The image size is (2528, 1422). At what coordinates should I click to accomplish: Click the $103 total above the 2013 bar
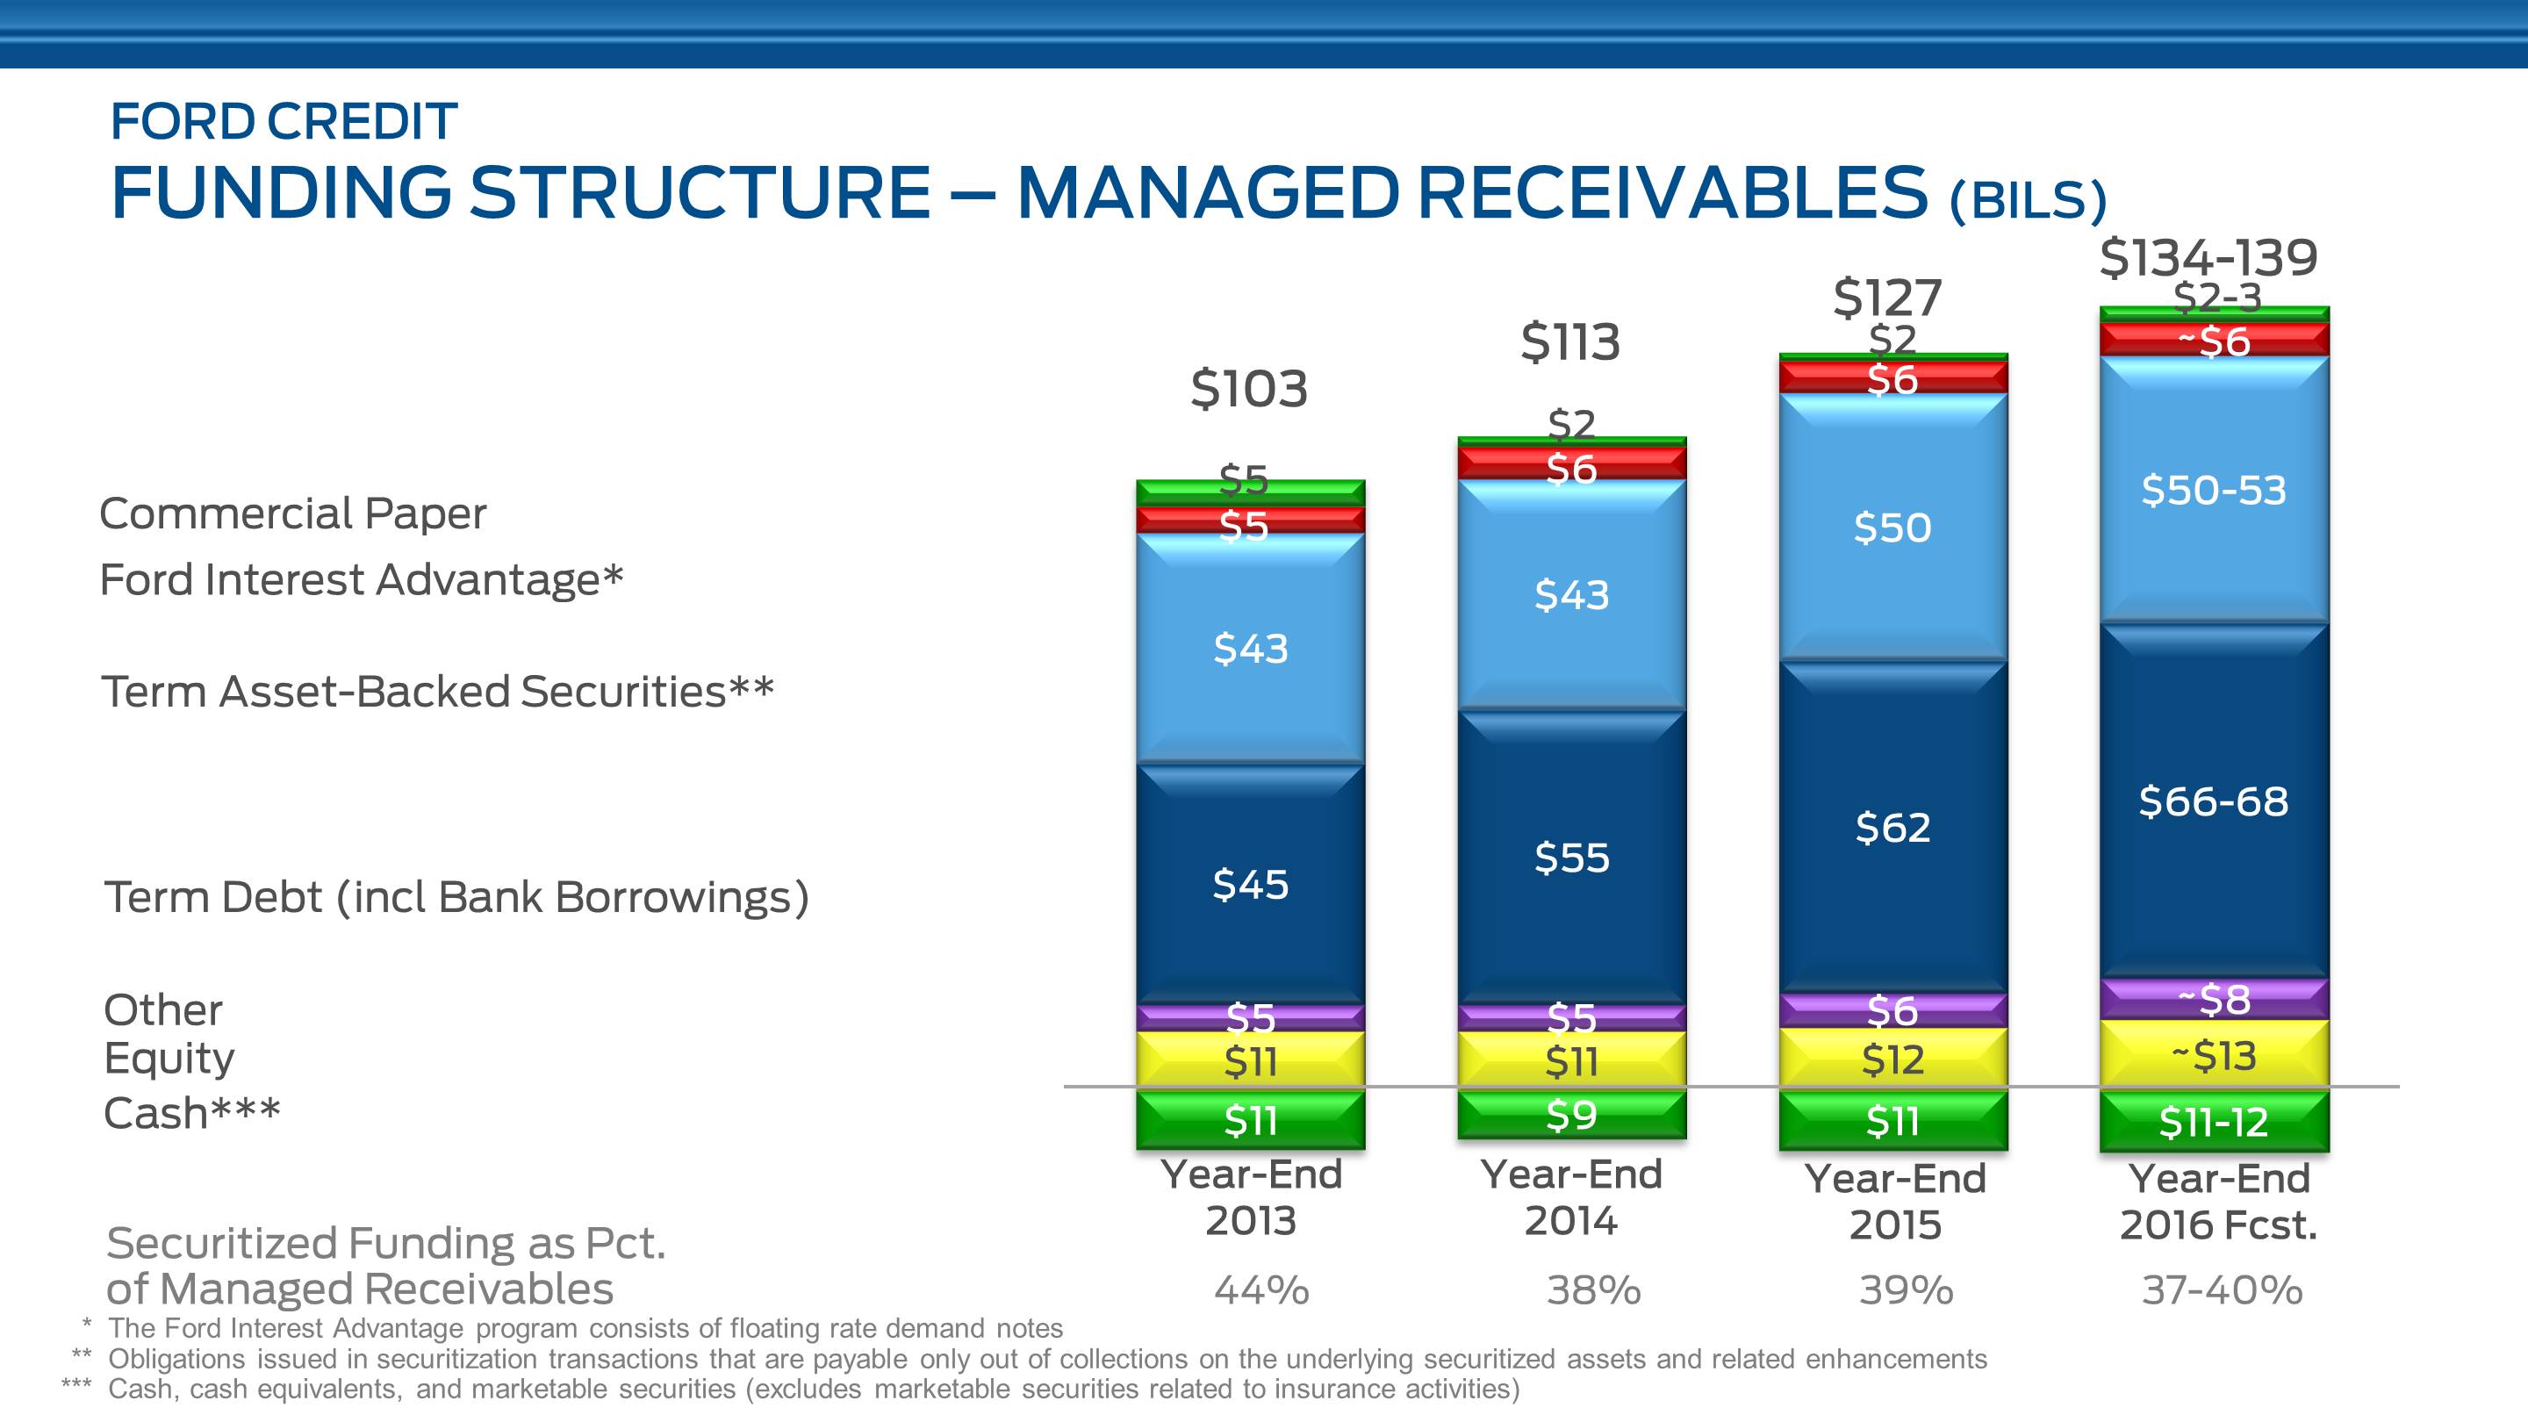[x=1248, y=390]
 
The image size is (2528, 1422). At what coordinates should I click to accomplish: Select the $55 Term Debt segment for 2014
[x=1571, y=858]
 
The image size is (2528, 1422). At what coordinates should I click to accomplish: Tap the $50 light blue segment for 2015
[x=1892, y=528]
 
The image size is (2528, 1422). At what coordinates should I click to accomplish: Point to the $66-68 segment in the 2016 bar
[x=2213, y=801]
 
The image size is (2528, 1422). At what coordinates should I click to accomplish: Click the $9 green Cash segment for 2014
[x=1571, y=1115]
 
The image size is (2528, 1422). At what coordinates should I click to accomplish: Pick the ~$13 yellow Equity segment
[x=2213, y=1056]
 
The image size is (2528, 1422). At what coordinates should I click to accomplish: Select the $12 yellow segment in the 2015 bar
[x=1892, y=1059]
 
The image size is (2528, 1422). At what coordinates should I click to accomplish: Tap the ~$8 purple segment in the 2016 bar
[x=2213, y=999]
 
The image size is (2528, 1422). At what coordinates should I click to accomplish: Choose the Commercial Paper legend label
[x=292, y=513]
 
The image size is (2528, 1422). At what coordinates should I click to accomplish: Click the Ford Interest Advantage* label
[x=361, y=579]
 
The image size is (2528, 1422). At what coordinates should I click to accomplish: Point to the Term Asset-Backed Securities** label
[x=438, y=691]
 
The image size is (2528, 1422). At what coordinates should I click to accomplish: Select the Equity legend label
[x=169, y=1058]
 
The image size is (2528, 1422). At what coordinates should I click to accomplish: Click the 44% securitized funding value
[x=1261, y=1289]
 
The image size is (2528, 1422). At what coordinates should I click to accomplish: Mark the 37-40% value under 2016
[x=2222, y=1289]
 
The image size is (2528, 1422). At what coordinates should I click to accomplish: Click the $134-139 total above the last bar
[x=2208, y=258]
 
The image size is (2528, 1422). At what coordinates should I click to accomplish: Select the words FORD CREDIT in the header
[x=284, y=122]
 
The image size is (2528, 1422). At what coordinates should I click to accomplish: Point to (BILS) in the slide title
[x=2028, y=199]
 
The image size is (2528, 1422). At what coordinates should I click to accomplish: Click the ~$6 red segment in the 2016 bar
[x=2213, y=341]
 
